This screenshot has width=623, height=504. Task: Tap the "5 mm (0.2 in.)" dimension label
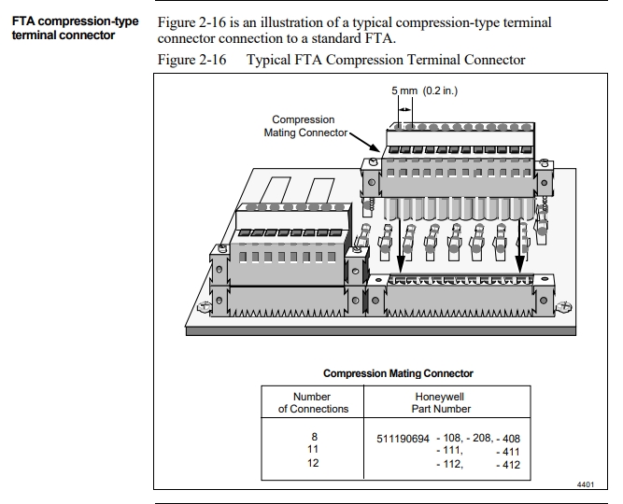pos(424,91)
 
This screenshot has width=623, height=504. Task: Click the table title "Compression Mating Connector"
pos(398,373)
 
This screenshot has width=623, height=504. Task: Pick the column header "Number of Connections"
pos(313,402)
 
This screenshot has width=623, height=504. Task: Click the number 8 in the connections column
pos(313,437)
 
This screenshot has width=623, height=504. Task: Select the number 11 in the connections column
pos(313,450)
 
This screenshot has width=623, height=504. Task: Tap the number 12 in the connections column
pos(313,463)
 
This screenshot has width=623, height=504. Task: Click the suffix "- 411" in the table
pos(508,451)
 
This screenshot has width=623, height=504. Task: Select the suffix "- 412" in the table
pos(508,464)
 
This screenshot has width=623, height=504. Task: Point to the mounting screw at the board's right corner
pos(563,307)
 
